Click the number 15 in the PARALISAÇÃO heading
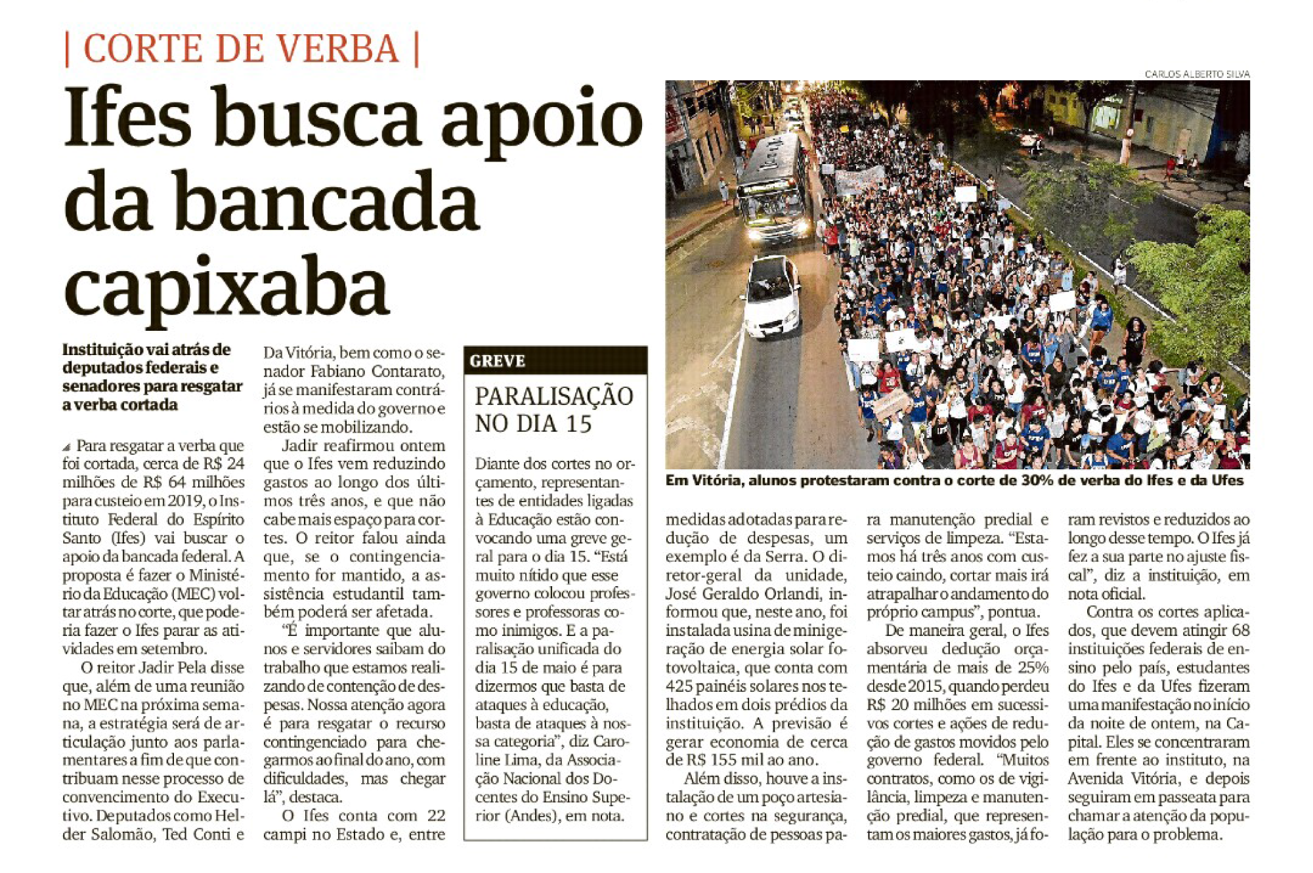(579, 424)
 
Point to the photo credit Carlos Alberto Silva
(1196, 74)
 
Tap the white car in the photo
(772, 297)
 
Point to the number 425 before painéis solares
(679, 686)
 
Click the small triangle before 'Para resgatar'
(66, 448)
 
